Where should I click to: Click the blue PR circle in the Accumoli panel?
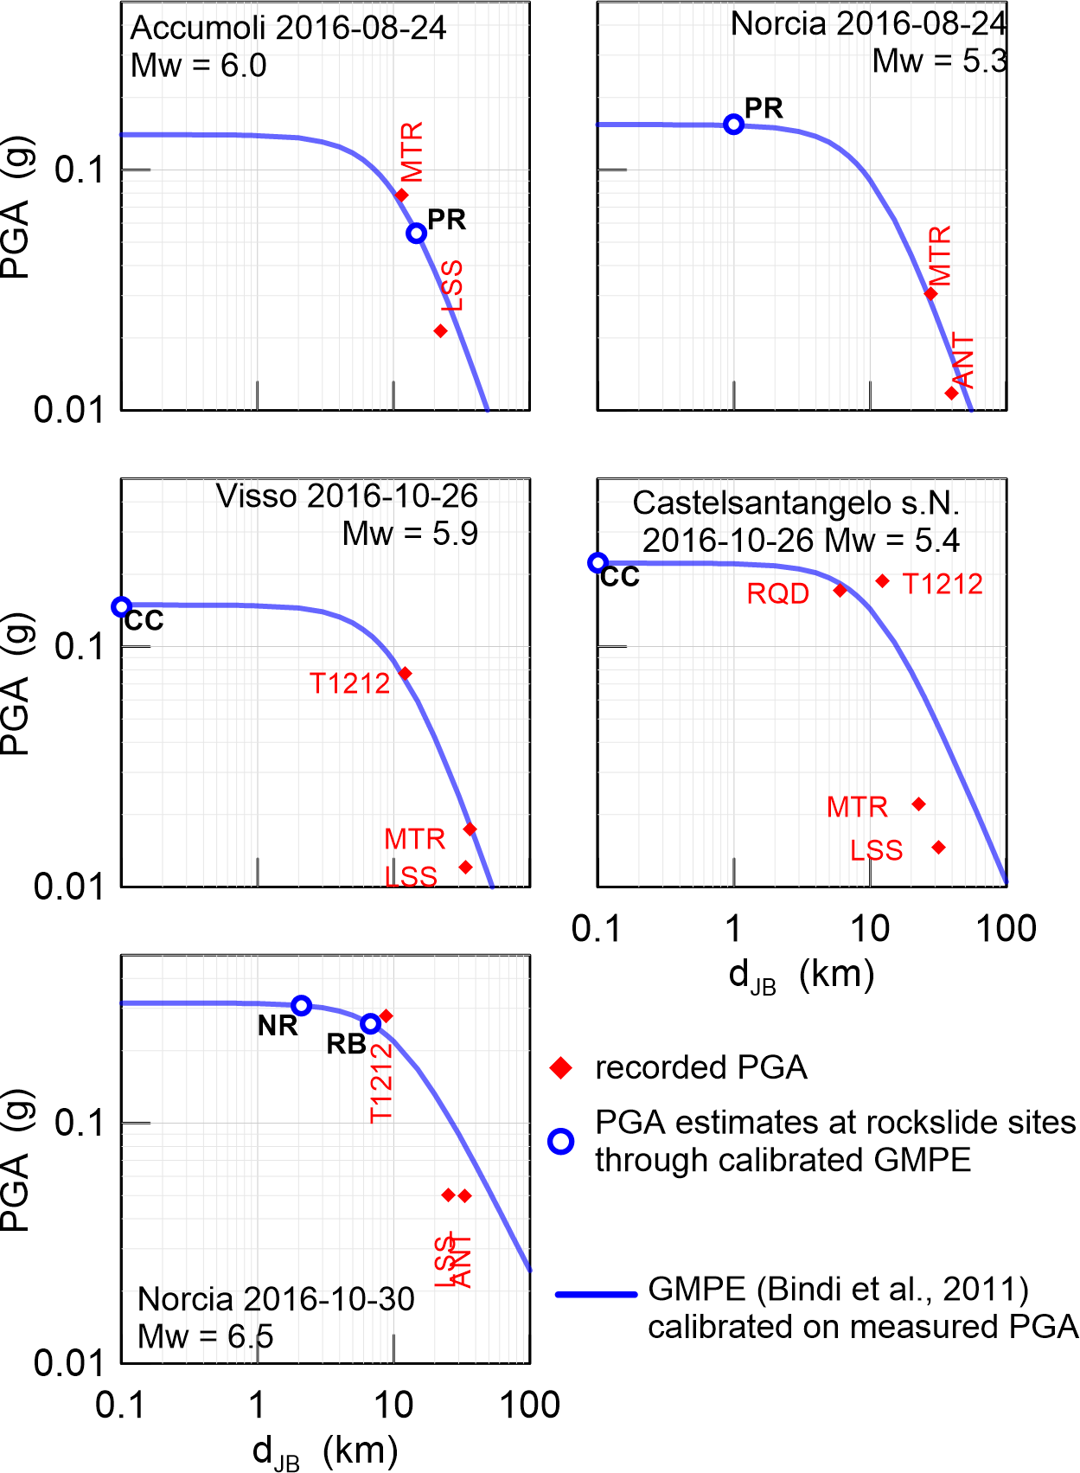(x=417, y=233)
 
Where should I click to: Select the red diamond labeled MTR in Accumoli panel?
(x=402, y=195)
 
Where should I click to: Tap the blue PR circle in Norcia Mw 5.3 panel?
(x=733, y=125)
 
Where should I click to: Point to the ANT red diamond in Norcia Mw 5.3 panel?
(x=951, y=394)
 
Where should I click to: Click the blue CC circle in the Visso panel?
(x=122, y=607)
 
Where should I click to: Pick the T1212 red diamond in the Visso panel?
(x=405, y=673)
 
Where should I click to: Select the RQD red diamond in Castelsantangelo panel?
(x=840, y=591)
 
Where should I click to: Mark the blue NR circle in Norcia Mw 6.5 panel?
(x=301, y=1005)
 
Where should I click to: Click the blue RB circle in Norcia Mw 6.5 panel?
(x=370, y=1023)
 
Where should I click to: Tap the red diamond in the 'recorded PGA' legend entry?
(x=561, y=1068)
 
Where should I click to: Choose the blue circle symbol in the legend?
(x=561, y=1142)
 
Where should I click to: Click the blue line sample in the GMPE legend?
(x=596, y=1294)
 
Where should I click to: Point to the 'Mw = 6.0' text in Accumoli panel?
(x=199, y=66)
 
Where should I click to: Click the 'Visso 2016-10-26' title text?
(x=347, y=496)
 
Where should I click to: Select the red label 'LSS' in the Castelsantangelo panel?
(x=876, y=850)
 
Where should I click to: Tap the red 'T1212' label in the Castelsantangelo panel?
(x=943, y=584)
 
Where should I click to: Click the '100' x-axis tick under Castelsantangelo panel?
(x=1006, y=929)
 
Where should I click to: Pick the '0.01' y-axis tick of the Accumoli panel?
(x=68, y=409)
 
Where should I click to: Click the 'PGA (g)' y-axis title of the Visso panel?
(x=17, y=683)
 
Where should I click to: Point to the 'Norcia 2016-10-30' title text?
(x=276, y=1299)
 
